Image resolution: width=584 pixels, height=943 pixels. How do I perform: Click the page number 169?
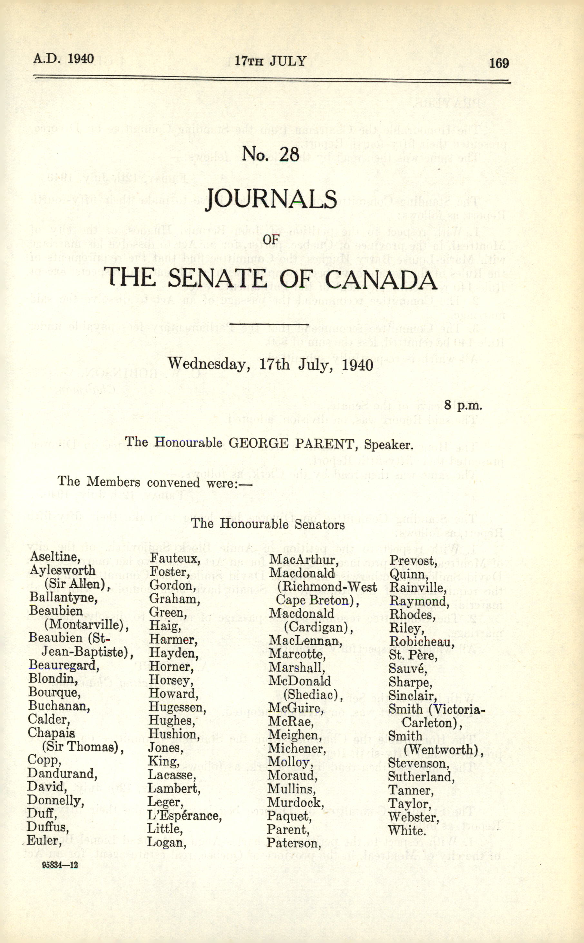coord(499,63)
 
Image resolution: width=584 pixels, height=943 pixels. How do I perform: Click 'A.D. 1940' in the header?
coord(63,59)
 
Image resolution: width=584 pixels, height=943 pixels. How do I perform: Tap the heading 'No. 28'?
coord(270,155)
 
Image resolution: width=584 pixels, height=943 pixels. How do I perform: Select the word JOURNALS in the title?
coord(271,199)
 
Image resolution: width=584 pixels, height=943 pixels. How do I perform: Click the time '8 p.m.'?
coord(463,405)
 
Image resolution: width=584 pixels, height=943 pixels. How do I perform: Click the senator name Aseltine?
coord(55,557)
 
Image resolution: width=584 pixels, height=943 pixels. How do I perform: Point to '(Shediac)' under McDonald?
coord(313,695)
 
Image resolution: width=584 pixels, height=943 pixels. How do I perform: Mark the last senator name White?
coord(407,830)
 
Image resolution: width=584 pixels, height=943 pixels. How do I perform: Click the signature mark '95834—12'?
coord(60,865)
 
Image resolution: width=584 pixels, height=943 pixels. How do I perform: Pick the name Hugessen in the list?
coord(177,707)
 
